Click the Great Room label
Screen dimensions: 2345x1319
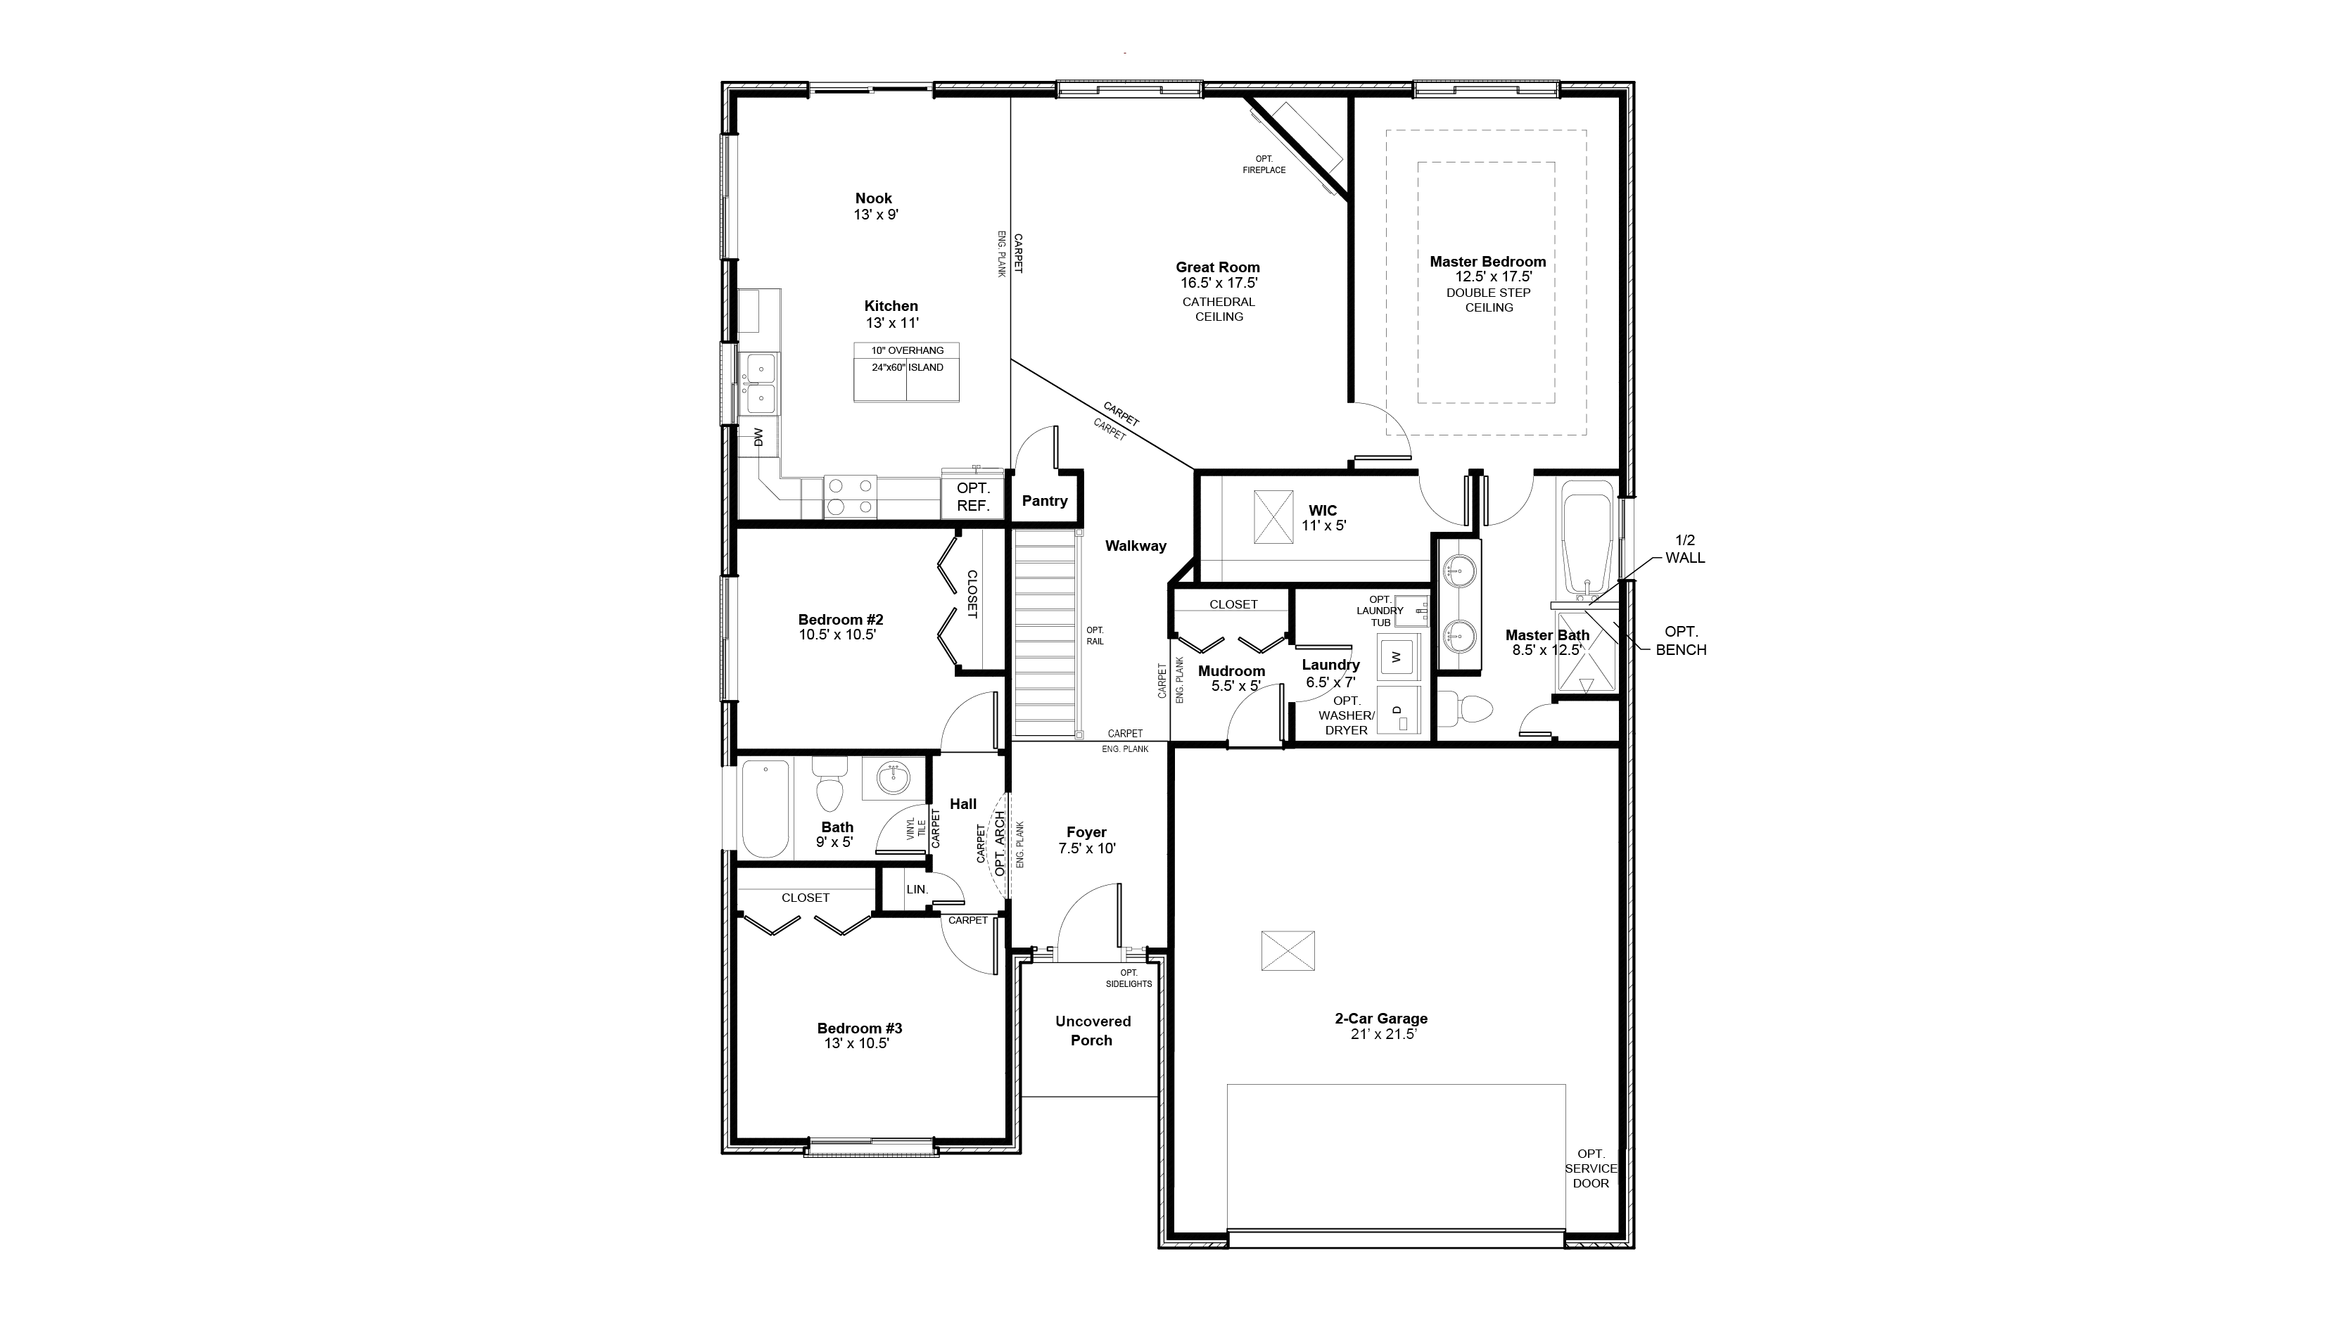click(x=1217, y=267)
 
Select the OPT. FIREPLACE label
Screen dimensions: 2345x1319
click(x=1264, y=165)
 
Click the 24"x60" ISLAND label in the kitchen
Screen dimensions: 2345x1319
click(x=908, y=368)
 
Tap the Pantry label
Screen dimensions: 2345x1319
click(x=1044, y=501)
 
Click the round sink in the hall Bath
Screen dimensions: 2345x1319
click(x=893, y=778)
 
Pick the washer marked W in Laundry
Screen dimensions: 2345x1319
click(x=1399, y=656)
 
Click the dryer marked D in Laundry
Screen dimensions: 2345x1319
click(x=1399, y=710)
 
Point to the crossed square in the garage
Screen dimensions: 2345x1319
click(x=1288, y=950)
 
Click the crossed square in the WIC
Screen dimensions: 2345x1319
click(x=1273, y=517)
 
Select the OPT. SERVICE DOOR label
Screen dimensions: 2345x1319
click(x=1591, y=1168)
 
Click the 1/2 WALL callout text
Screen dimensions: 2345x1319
click(x=1685, y=549)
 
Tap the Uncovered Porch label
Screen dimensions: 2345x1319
click(x=1093, y=1031)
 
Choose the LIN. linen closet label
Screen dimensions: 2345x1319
click(x=917, y=889)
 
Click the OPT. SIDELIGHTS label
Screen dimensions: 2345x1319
click(x=1129, y=979)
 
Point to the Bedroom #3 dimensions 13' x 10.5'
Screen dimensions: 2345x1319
click(x=857, y=1043)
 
